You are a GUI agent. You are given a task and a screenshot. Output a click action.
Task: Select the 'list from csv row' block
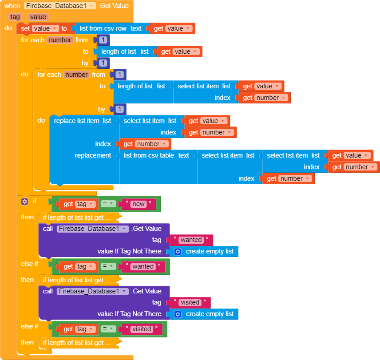pos(103,28)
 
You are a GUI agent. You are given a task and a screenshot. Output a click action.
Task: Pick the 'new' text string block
pos(139,204)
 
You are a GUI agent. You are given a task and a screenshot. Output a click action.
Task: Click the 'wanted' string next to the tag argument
pos(191,240)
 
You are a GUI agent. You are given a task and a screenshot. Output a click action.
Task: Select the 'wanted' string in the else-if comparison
pos(143,267)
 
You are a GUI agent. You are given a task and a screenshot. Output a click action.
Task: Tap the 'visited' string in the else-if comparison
pos(142,329)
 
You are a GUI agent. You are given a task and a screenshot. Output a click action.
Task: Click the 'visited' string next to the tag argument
pos(190,303)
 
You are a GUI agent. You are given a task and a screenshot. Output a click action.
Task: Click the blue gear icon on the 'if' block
pos(25,202)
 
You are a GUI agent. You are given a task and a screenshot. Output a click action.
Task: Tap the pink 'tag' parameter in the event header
pos(15,17)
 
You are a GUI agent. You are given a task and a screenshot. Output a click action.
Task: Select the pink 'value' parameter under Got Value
pos(38,17)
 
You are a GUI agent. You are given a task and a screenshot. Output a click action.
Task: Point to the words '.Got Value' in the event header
pos(114,6)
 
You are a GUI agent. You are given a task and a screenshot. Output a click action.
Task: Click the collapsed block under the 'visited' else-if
pos(74,343)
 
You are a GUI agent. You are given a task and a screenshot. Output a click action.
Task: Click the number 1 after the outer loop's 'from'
pos(103,40)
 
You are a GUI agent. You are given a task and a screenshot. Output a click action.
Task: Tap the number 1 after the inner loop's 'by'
pos(119,109)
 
